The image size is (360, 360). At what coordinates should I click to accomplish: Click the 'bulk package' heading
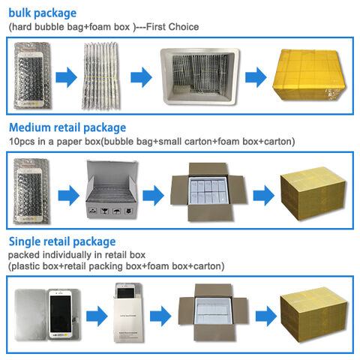click(x=43, y=13)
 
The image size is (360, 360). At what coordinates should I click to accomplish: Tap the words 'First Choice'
click(x=172, y=27)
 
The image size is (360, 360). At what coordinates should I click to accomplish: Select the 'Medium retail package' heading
click(x=67, y=127)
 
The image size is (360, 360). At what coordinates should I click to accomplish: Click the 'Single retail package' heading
click(x=62, y=242)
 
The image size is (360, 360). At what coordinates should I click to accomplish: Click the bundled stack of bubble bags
click(x=101, y=76)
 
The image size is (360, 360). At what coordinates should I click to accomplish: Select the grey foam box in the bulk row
click(x=199, y=76)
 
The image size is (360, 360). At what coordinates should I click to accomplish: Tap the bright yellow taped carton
click(x=309, y=75)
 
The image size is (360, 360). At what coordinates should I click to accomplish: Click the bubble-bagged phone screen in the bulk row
click(x=32, y=76)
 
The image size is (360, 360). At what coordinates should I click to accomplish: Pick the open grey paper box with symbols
click(x=112, y=190)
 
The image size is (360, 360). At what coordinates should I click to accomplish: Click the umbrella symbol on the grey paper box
click(x=117, y=211)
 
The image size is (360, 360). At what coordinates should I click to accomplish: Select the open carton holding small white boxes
click(x=208, y=192)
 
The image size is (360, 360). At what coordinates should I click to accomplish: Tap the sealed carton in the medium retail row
click(x=313, y=193)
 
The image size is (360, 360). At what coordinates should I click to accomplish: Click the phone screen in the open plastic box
click(x=60, y=314)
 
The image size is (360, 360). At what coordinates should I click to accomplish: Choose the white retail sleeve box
click(x=129, y=313)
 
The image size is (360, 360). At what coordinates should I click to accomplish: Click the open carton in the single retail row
click(x=213, y=312)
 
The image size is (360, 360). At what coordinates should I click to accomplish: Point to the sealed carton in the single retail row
click(x=313, y=314)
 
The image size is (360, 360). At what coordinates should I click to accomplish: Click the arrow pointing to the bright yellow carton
click(x=256, y=77)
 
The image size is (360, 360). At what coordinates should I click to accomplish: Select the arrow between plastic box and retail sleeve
click(x=97, y=316)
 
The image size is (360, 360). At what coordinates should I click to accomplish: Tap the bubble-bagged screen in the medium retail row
click(x=31, y=190)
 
